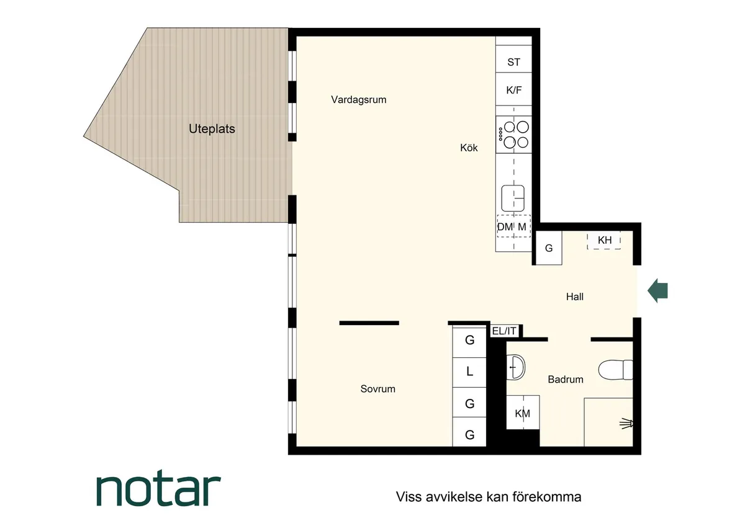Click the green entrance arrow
657,291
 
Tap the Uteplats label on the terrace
212,128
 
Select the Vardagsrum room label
359,99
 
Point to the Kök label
469,148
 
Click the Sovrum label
378,389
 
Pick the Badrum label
566,379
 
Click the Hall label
575,296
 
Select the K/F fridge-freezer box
514,89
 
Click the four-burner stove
514,135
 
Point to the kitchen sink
513,198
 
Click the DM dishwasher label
505,226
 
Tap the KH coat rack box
603,240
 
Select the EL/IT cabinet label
504,331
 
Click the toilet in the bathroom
615,370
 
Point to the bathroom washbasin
516,367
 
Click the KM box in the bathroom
523,412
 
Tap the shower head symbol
626,424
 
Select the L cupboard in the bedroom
469,372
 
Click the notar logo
159,488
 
